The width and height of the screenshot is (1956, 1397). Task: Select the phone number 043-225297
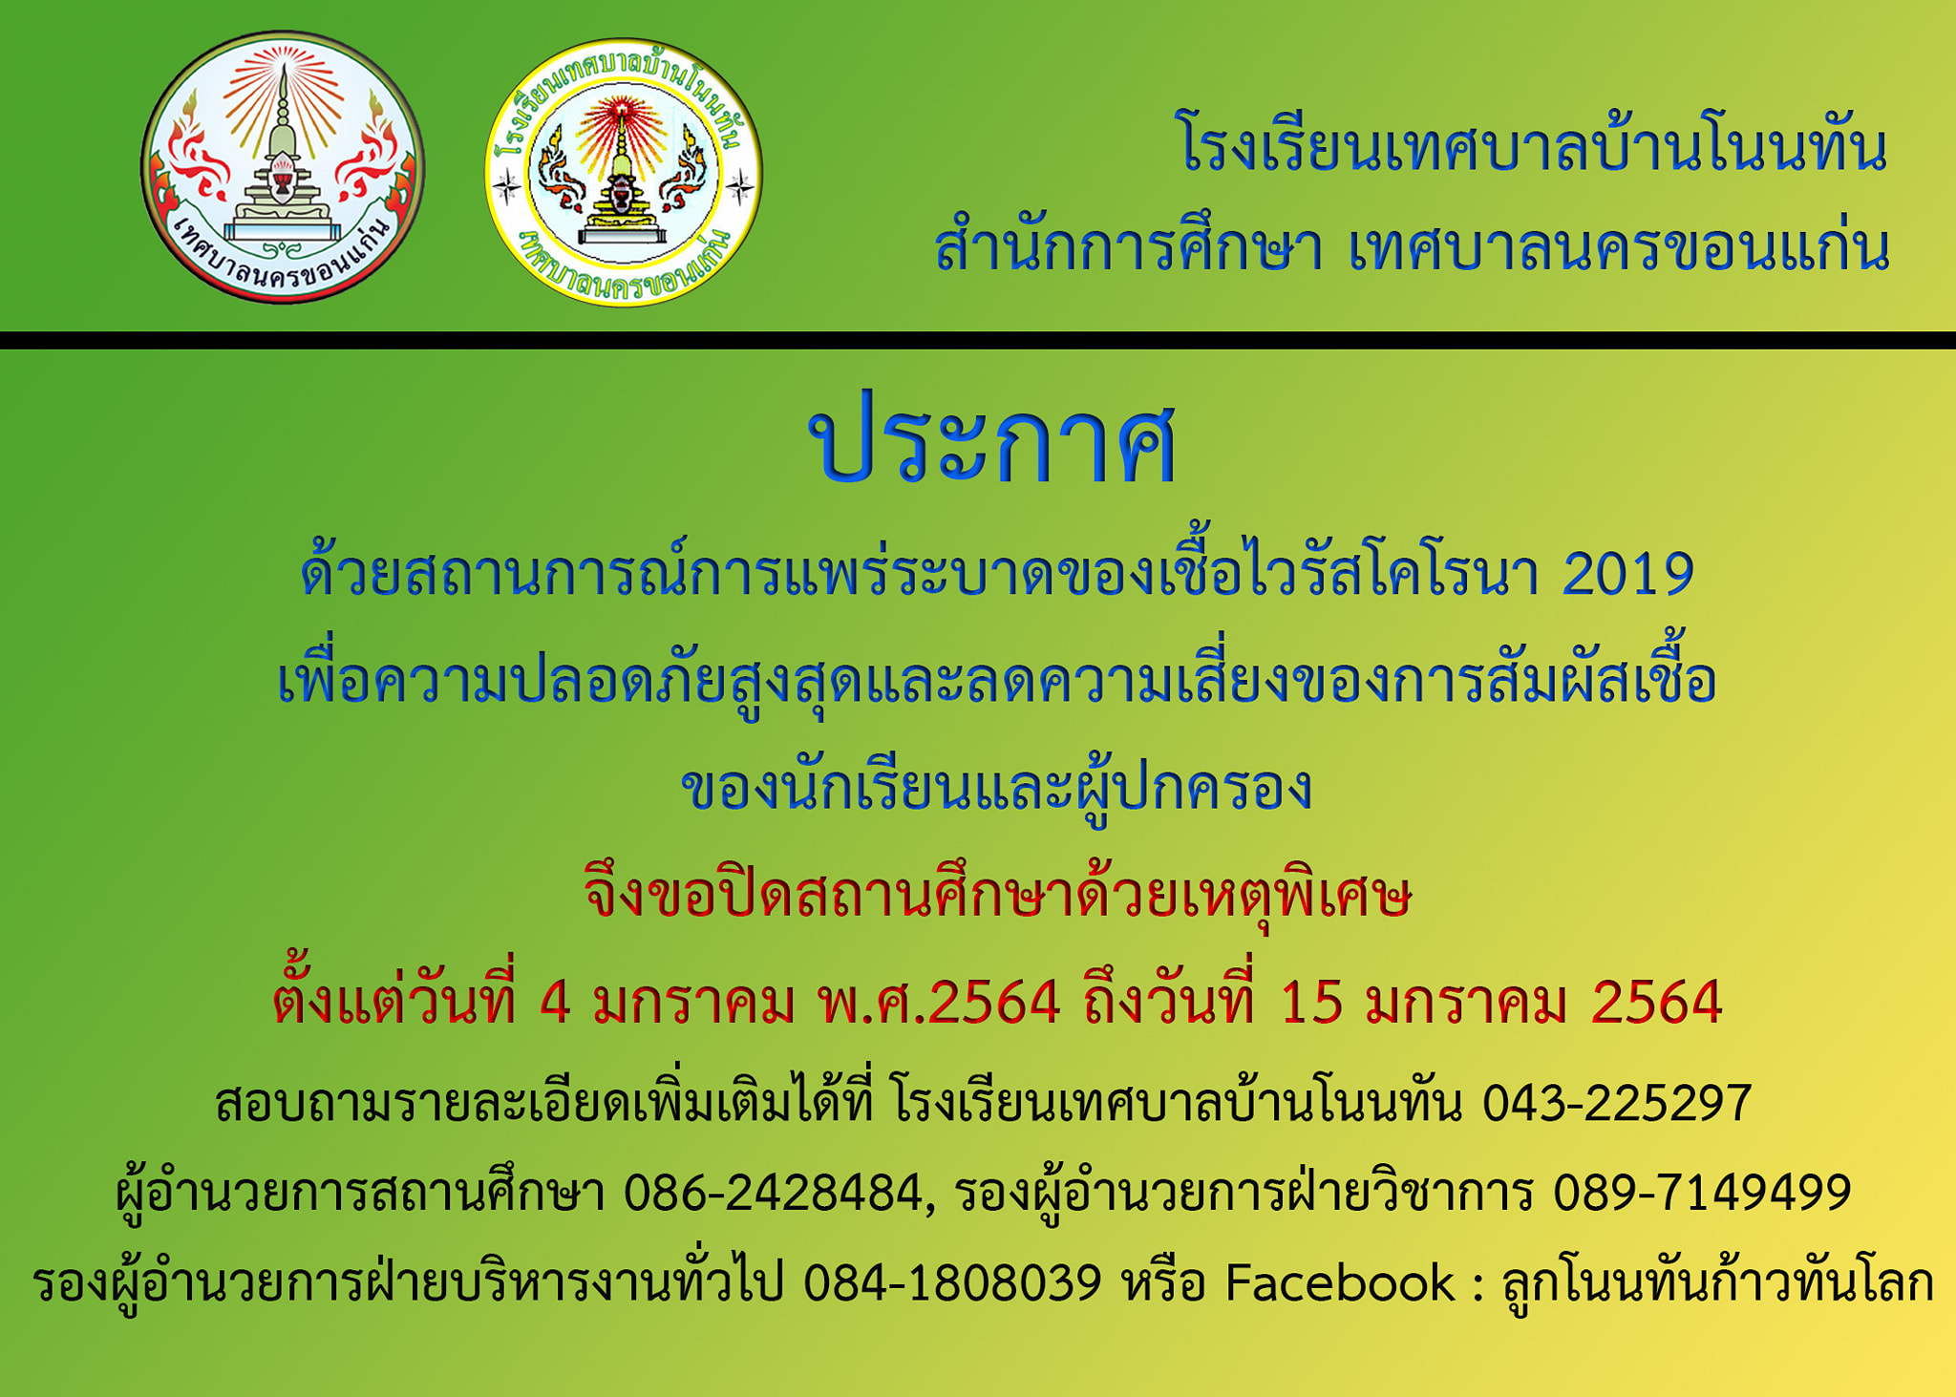pos(1616,1103)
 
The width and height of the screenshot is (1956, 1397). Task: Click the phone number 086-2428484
pos(774,1193)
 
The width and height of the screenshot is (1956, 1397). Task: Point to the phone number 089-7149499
pos(1702,1193)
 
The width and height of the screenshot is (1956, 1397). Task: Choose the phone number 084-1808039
pos(952,1282)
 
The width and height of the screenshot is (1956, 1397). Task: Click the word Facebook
pos(1340,1282)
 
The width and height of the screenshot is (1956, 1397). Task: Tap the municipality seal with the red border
pos(283,168)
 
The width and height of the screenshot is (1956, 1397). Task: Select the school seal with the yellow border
pos(624,173)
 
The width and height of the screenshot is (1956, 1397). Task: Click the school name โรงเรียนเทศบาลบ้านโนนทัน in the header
pos(1534,150)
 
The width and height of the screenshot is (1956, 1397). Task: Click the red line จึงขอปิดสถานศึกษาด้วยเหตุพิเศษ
pos(997,896)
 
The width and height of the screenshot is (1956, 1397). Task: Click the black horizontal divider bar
pos(978,340)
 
